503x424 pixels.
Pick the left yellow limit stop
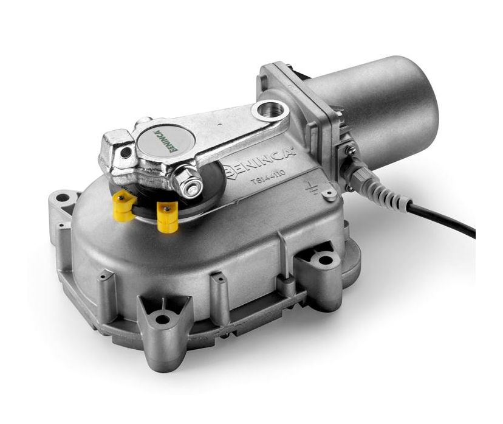coord(125,206)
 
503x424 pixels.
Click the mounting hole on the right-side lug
coord(326,260)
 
